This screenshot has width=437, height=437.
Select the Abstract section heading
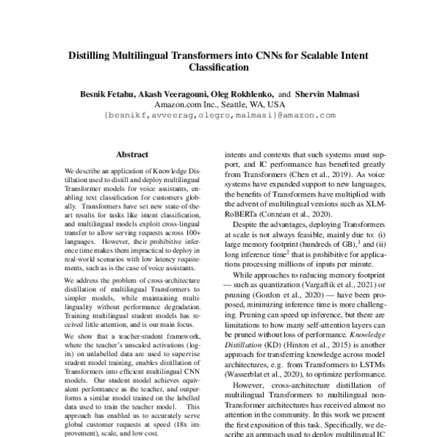pyautogui.click(x=132, y=154)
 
